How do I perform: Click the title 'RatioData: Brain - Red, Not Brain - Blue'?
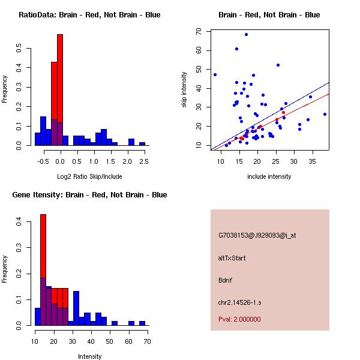89,15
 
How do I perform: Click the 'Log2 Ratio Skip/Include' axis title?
89,177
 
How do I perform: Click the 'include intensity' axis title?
269,176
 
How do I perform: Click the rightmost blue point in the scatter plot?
325,114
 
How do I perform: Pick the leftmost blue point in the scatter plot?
215,74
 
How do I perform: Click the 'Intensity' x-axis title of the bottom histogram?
89,356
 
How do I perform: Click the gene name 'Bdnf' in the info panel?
226,280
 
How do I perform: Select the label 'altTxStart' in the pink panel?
232,258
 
